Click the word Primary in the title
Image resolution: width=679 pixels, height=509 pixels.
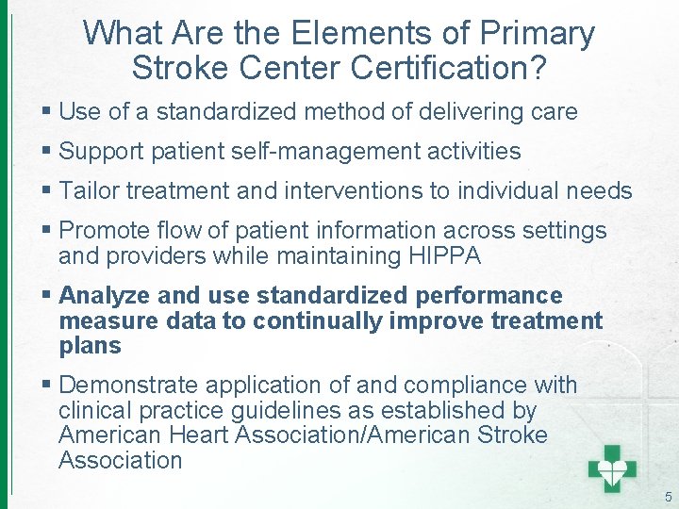pyautogui.click(x=538, y=34)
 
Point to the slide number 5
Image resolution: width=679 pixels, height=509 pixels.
pyautogui.click(x=668, y=497)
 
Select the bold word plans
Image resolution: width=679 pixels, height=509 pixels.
pyautogui.click(x=90, y=345)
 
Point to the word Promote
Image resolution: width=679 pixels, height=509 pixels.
pyautogui.click(x=102, y=231)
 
